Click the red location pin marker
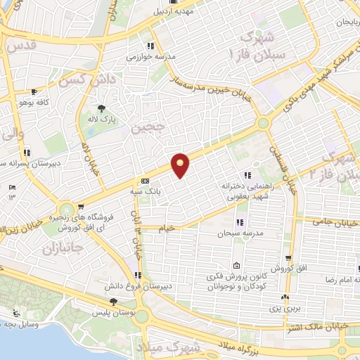click(x=181, y=165)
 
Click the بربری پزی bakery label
click(x=285, y=307)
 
